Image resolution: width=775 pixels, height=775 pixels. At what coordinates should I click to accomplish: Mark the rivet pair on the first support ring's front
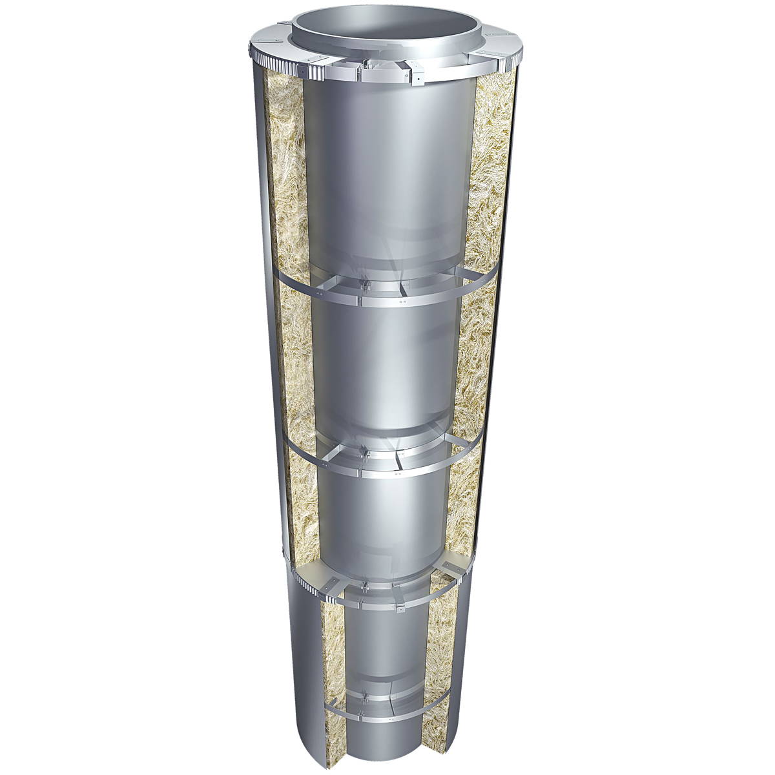click(404, 300)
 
